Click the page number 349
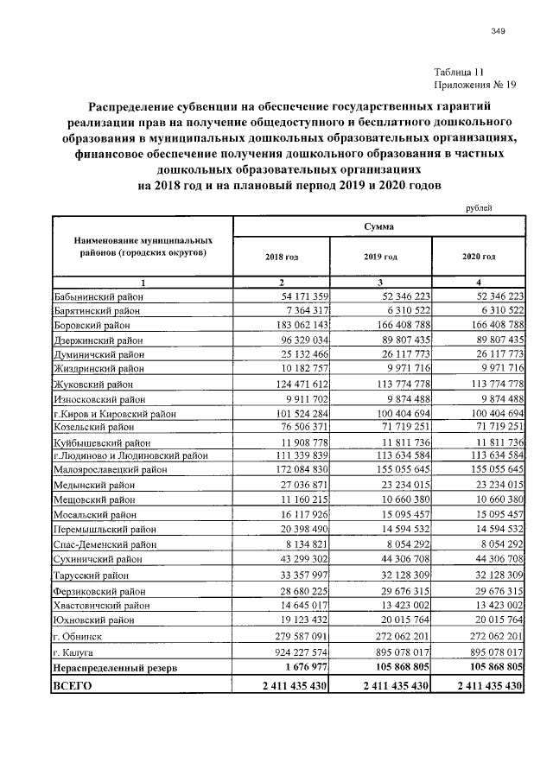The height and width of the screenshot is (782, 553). pyautogui.click(x=498, y=32)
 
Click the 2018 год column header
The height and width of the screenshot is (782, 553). pyautogui.click(x=282, y=257)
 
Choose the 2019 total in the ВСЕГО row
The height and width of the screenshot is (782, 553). pyautogui.click(x=384, y=685)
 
